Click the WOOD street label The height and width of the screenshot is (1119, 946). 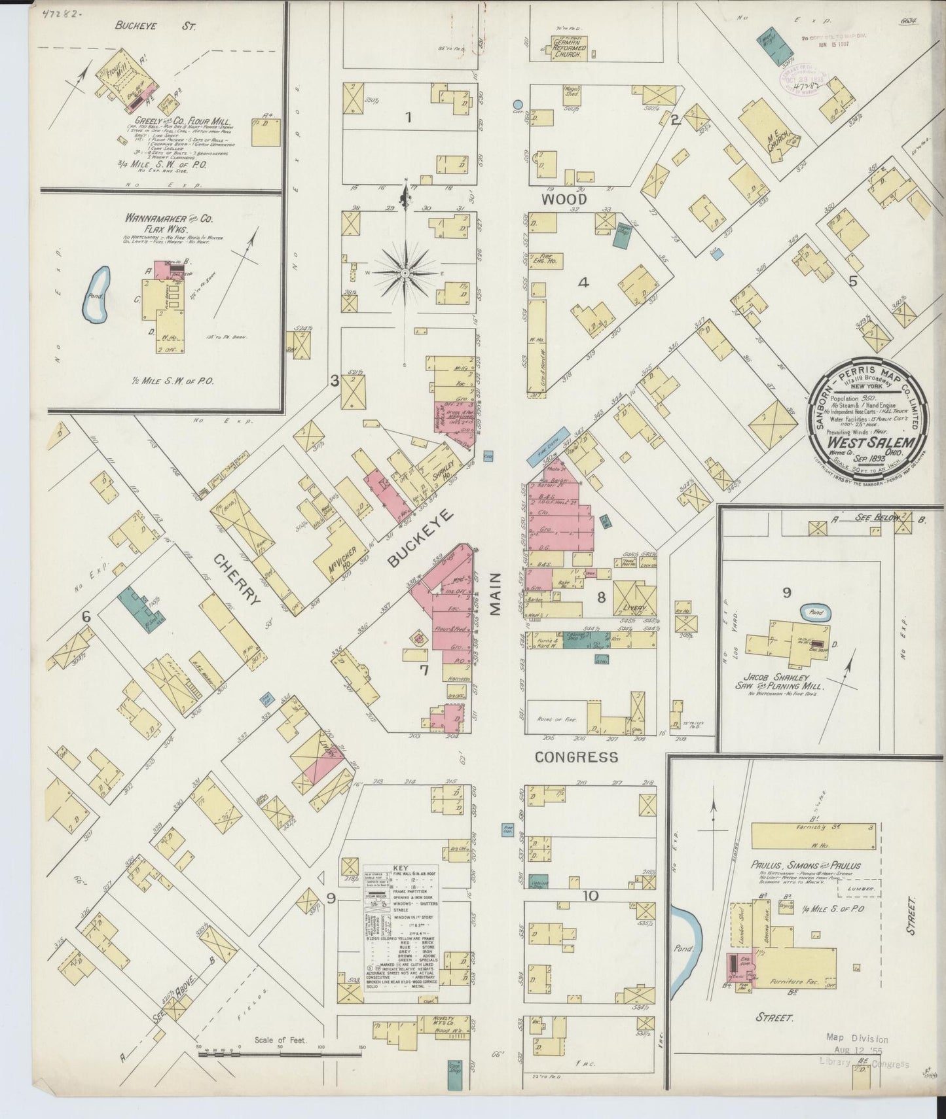[554, 200]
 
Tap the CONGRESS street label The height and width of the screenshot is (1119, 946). [576, 757]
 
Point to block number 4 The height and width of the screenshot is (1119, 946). [583, 283]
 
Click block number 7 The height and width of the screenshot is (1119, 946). [424, 669]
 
